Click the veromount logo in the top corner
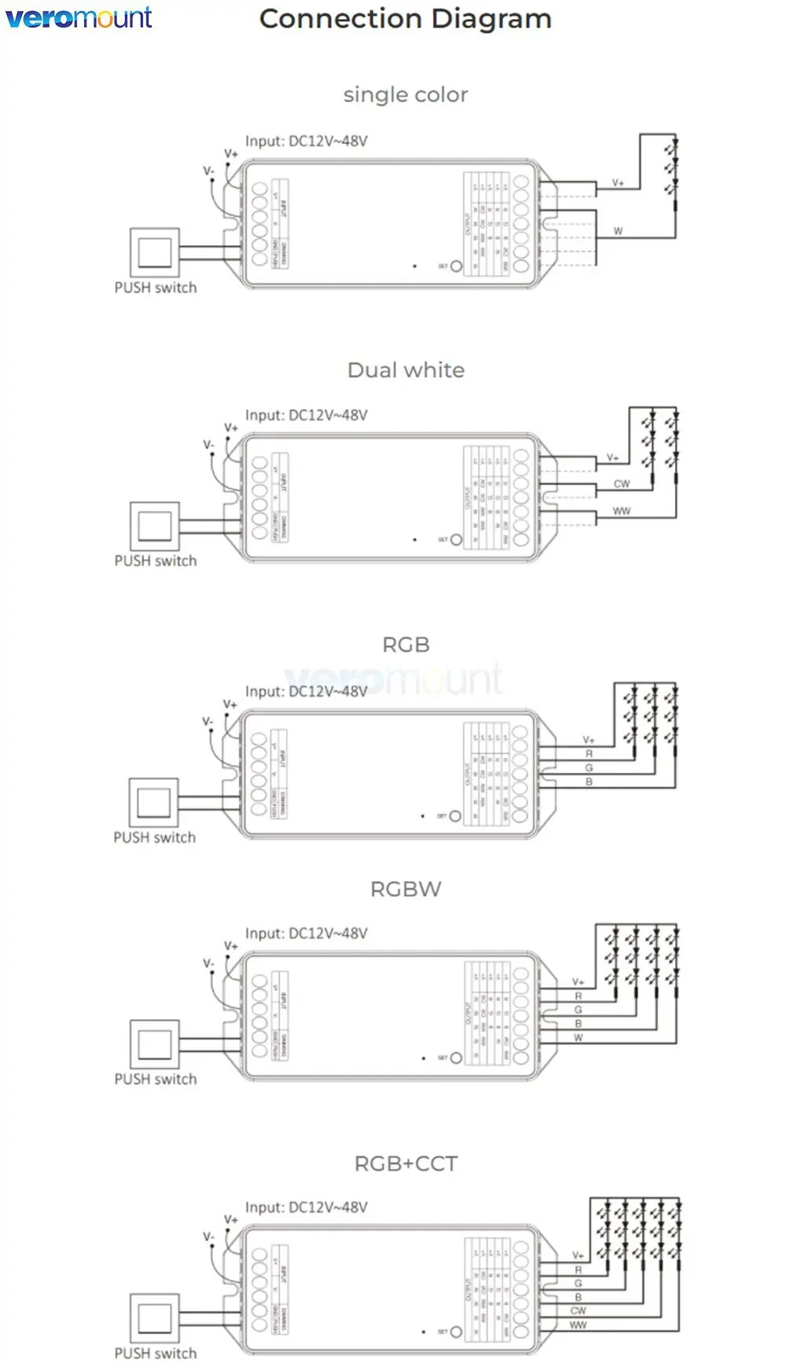point(79,17)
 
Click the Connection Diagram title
point(405,19)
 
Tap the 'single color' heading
point(406,95)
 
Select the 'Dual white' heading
point(406,370)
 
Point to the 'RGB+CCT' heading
point(406,1164)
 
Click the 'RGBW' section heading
point(406,889)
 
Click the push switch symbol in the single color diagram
point(155,252)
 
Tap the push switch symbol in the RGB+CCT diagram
point(155,1318)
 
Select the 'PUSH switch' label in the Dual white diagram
point(156,561)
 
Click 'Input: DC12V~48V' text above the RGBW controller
point(307,934)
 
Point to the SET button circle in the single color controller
point(456,267)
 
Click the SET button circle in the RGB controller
point(455,816)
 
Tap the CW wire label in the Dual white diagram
point(622,484)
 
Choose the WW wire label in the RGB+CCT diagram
point(578,1325)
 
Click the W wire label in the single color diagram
point(618,231)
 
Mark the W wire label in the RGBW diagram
point(578,1038)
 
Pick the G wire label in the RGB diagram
point(589,768)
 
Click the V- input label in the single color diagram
point(208,171)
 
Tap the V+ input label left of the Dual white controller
point(230,428)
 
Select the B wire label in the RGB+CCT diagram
point(578,1297)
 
